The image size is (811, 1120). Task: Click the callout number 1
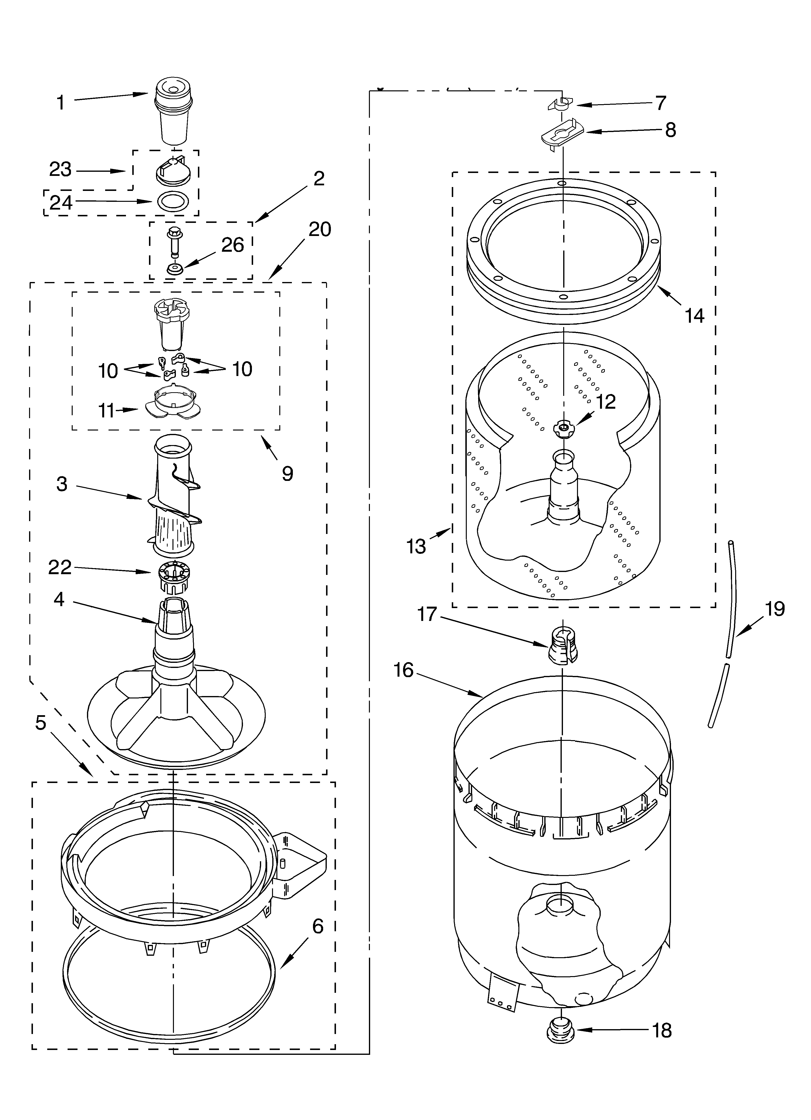coord(61,103)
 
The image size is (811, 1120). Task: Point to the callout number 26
coord(232,245)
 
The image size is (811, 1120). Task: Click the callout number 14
coord(694,315)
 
